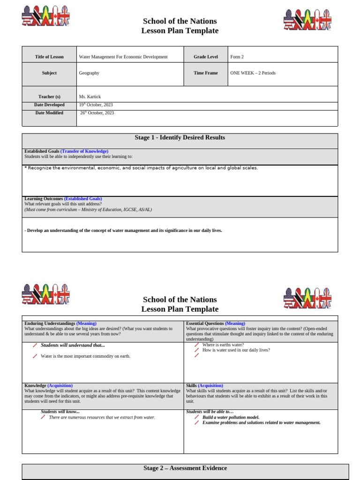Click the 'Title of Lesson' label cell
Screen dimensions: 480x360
pos(49,57)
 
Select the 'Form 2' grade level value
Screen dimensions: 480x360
pos(237,57)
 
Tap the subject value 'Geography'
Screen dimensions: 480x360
pos(89,73)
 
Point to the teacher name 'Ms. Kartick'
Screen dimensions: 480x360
pos(90,97)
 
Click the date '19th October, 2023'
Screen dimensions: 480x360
pos(96,105)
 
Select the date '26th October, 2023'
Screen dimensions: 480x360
pos(97,113)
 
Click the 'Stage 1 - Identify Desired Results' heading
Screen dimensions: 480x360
pos(180,138)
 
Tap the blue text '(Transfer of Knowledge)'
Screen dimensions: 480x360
pos(84,151)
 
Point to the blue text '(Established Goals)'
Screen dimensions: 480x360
pos(83,199)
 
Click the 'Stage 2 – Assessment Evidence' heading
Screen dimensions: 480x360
pos(185,468)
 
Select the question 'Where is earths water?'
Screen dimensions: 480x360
pos(223,345)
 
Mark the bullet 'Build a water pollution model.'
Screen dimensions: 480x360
pos(231,417)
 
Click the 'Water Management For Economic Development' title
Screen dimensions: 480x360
pos(123,57)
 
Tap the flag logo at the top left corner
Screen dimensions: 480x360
pos(46,17)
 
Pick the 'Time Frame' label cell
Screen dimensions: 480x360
pos(206,73)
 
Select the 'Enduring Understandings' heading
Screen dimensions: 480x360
pos(50,323)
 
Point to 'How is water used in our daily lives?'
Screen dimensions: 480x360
pos(236,350)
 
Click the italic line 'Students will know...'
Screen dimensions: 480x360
pos(60,412)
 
